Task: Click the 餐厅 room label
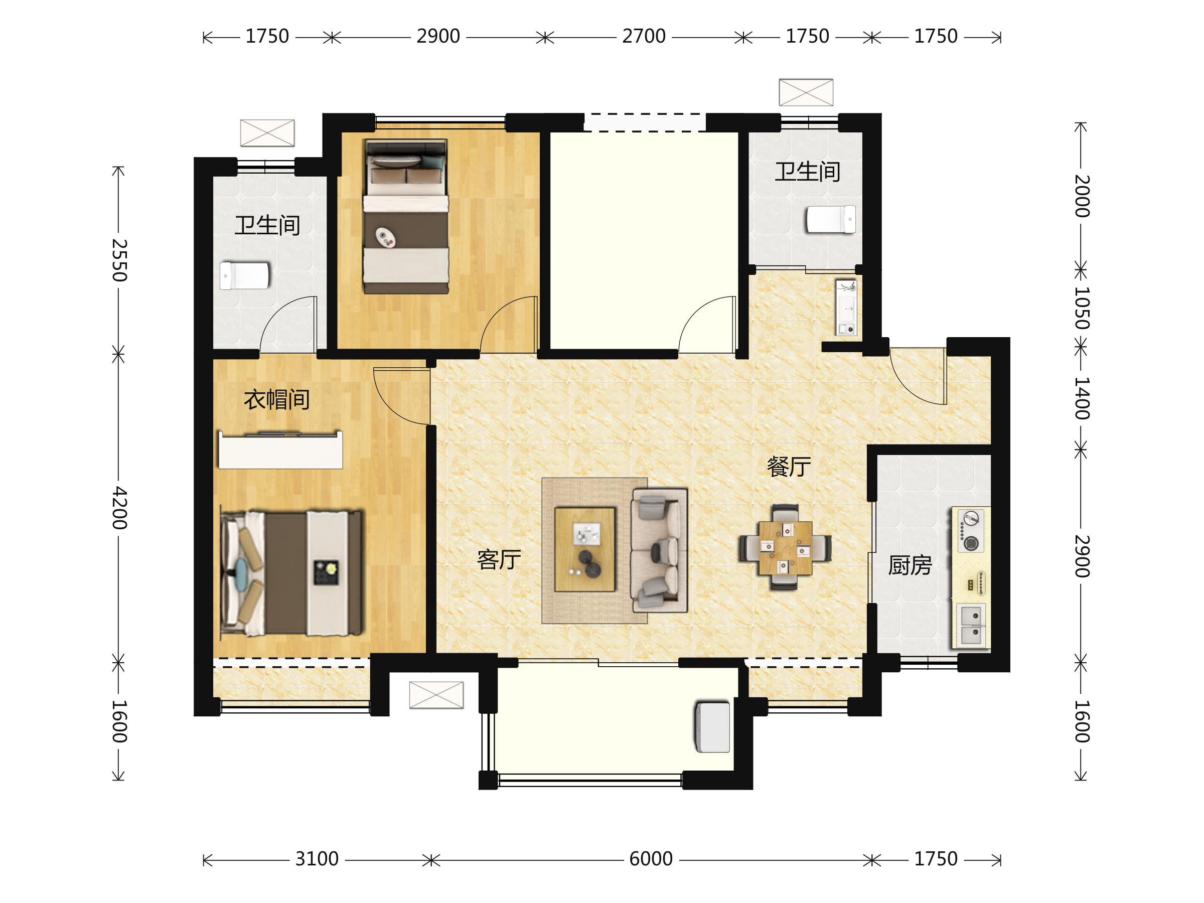point(789,467)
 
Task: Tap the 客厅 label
point(499,559)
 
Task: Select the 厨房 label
point(910,565)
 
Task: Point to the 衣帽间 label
point(277,399)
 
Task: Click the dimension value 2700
point(644,37)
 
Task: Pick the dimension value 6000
point(651,859)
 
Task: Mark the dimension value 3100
point(317,859)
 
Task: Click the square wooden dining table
point(786,548)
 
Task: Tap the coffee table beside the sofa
point(585,550)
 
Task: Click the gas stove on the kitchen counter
point(971,531)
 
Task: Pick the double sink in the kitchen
point(972,626)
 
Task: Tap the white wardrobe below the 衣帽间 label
point(280,449)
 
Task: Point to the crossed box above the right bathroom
point(806,92)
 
